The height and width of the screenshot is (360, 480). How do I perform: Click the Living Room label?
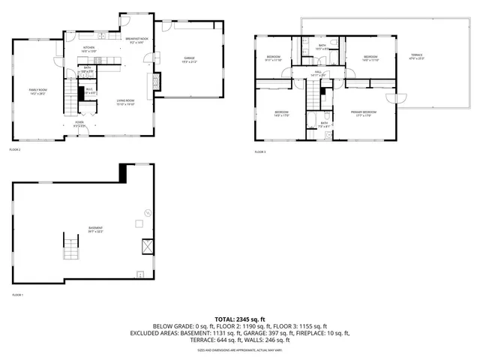point(125,102)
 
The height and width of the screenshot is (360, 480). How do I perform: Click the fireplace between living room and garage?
point(157,79)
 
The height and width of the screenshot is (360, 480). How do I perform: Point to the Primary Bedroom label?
point(361,113)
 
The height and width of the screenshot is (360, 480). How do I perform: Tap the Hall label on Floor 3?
point(317,73)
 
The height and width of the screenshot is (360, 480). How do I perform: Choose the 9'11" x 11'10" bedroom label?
point(273,58)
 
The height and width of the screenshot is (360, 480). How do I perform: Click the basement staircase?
point(70,246)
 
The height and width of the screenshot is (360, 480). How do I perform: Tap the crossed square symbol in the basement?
point(148,245)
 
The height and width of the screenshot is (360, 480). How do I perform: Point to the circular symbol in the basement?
point(148,213)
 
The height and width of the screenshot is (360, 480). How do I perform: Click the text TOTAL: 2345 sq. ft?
point(240,319)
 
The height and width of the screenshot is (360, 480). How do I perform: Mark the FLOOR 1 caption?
point(18,295)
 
